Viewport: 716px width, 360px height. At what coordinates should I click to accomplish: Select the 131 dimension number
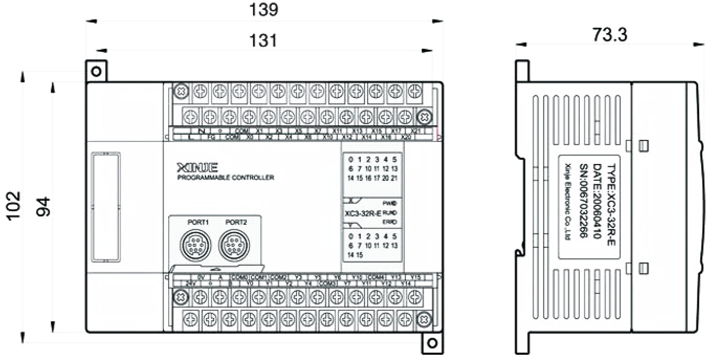[x=263, y=40]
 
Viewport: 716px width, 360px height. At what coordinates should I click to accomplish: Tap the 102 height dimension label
[x=14, y=206]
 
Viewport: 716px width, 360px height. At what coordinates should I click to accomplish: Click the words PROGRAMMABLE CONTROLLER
[x=226, y=178]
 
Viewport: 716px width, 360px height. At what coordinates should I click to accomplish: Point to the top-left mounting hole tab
[x=96, y=71]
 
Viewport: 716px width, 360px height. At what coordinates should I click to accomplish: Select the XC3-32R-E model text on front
[x=363, y=213]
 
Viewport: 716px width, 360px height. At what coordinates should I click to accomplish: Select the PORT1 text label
[x=198, y=222]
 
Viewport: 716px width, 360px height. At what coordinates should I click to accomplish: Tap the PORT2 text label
[x=236, y=222]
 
